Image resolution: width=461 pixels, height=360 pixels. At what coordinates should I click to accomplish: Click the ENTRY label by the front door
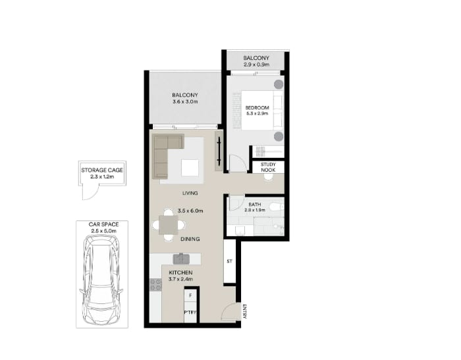(x=244, y=311)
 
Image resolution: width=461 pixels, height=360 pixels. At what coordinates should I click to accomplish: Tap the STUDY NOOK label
(x=268, y=167)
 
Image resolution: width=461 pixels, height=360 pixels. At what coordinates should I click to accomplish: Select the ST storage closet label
(x=229, y=261)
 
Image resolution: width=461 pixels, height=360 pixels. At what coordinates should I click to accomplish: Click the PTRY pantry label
(x=190, y=313)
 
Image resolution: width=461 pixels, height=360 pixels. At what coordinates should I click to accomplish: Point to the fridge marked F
(x=190, y=296)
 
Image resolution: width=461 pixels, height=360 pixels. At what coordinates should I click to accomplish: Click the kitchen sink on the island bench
(x=181, y=259)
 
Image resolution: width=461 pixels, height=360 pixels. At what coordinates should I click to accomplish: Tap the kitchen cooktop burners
(x=155, y=284)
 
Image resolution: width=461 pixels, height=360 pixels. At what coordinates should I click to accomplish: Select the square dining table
(x=169, y=225)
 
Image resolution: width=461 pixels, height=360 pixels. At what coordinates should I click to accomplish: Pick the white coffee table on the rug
(x=190, y=168)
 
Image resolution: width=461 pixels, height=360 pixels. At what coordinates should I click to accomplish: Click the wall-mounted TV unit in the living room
(x=219, y=151)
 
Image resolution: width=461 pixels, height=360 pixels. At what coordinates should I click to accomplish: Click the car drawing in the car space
(x=101, y=280)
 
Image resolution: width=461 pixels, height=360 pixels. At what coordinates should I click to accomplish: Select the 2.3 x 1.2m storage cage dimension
(x=102, y=177)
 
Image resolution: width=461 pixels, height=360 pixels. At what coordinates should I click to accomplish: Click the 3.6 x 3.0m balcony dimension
(x=185, y=101)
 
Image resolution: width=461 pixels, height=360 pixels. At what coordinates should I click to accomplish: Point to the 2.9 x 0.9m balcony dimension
(x=256, y=64)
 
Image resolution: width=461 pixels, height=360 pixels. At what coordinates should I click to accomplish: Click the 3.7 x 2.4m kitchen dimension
(x=180, y=279)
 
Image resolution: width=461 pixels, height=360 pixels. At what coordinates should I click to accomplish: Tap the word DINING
(x=190, y=239)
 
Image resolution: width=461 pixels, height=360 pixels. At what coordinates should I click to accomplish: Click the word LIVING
(x=190, y=193)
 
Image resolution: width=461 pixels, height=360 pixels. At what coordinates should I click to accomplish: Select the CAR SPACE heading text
(x=104, y=224)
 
